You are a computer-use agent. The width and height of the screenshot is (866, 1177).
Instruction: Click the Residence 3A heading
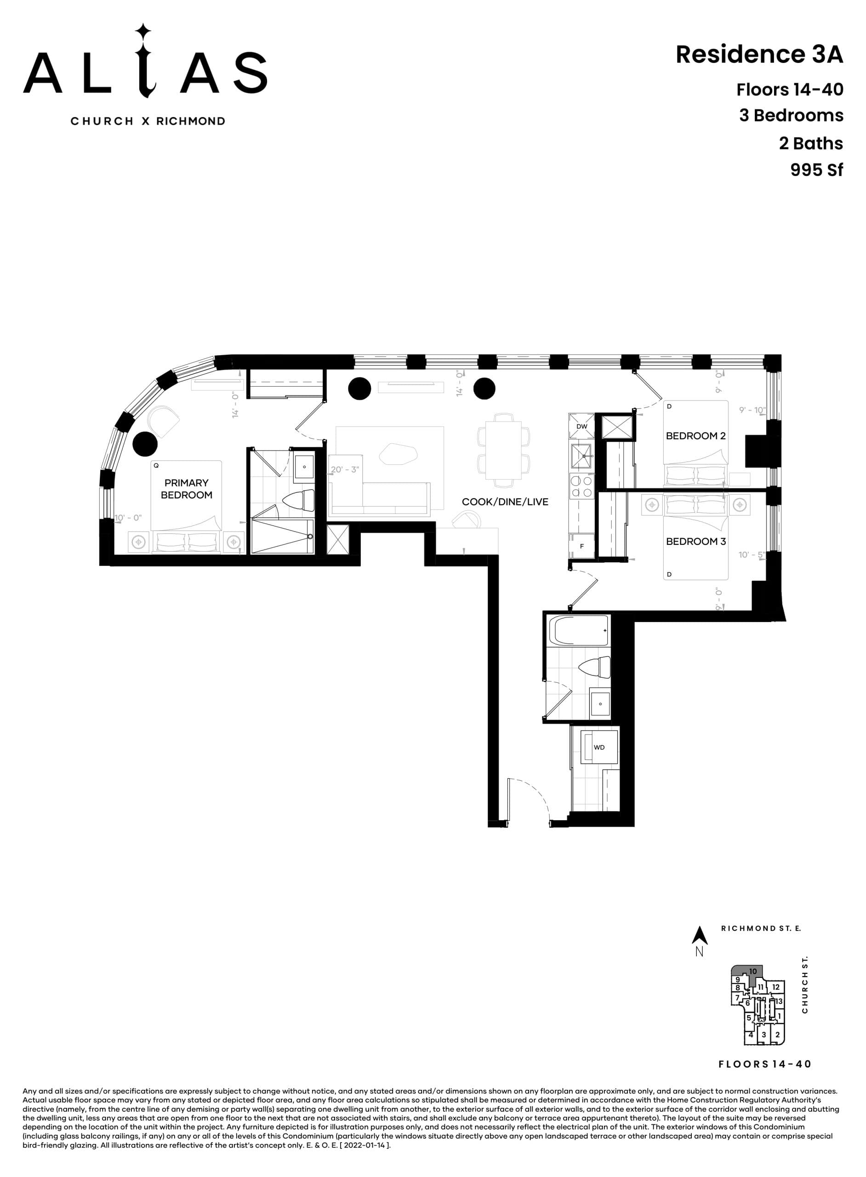758,55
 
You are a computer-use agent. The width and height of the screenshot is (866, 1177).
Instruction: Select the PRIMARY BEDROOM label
186,489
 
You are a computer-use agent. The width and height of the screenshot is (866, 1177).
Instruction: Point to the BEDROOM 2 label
695,436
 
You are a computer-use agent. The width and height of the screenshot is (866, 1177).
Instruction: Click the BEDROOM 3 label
695,542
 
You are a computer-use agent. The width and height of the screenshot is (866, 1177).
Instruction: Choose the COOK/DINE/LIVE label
505,502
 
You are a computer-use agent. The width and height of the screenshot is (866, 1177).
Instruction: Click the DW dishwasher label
581,426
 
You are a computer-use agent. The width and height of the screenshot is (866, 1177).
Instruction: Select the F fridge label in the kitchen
581,546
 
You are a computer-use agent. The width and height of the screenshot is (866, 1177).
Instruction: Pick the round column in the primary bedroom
145,444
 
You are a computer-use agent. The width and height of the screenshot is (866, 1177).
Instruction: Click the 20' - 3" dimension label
344,469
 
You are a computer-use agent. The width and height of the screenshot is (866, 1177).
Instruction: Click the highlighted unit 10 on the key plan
752,971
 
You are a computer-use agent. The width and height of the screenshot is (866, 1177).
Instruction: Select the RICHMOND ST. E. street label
761,928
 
